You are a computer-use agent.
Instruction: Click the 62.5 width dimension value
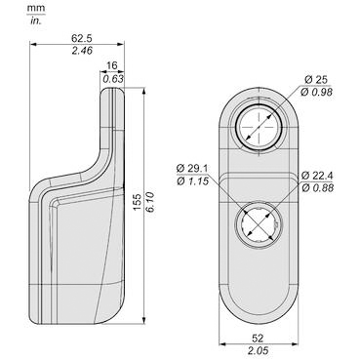coord(82,38)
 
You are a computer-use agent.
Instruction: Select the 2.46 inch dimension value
coord(82,51)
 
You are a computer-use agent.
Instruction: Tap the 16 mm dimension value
coord(112,65)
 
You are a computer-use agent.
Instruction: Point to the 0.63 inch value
coord(113,79)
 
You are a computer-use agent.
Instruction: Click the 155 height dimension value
coord(138,202)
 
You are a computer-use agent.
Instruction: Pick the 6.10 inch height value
coord(151,202)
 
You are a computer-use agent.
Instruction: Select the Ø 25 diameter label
coord(316,80)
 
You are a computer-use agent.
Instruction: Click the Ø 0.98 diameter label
coord(316,93)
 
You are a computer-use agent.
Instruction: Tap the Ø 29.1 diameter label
coord(192,169)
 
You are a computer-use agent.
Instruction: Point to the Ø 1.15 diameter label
coord(192,181)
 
